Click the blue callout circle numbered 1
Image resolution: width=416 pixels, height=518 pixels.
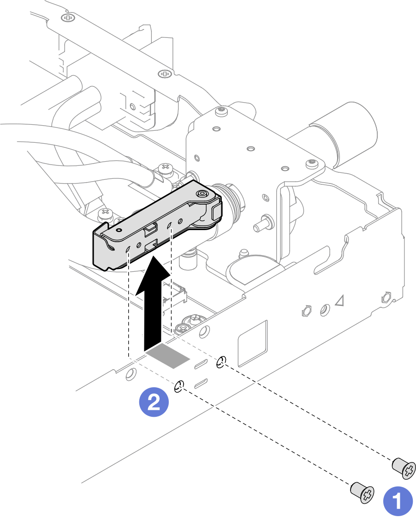[x=398, y=501]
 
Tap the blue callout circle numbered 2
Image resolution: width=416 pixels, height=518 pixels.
[x=154, y=402]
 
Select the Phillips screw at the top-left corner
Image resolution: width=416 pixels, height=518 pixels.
[x=69, y=18]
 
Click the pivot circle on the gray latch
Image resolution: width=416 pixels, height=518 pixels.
[x=202, y=195]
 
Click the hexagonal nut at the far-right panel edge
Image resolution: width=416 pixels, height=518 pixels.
[x=386, y=297]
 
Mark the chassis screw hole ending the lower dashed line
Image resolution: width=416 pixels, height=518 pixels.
[x=179, y=386]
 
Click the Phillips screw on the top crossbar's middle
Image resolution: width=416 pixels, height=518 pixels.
[x=165, y=73]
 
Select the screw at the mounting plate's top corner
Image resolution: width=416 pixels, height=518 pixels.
[x=222, y=110]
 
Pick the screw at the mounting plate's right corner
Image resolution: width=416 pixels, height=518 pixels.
[x=312, y=163]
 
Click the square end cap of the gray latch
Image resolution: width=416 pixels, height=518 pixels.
[x=216, y=212]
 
